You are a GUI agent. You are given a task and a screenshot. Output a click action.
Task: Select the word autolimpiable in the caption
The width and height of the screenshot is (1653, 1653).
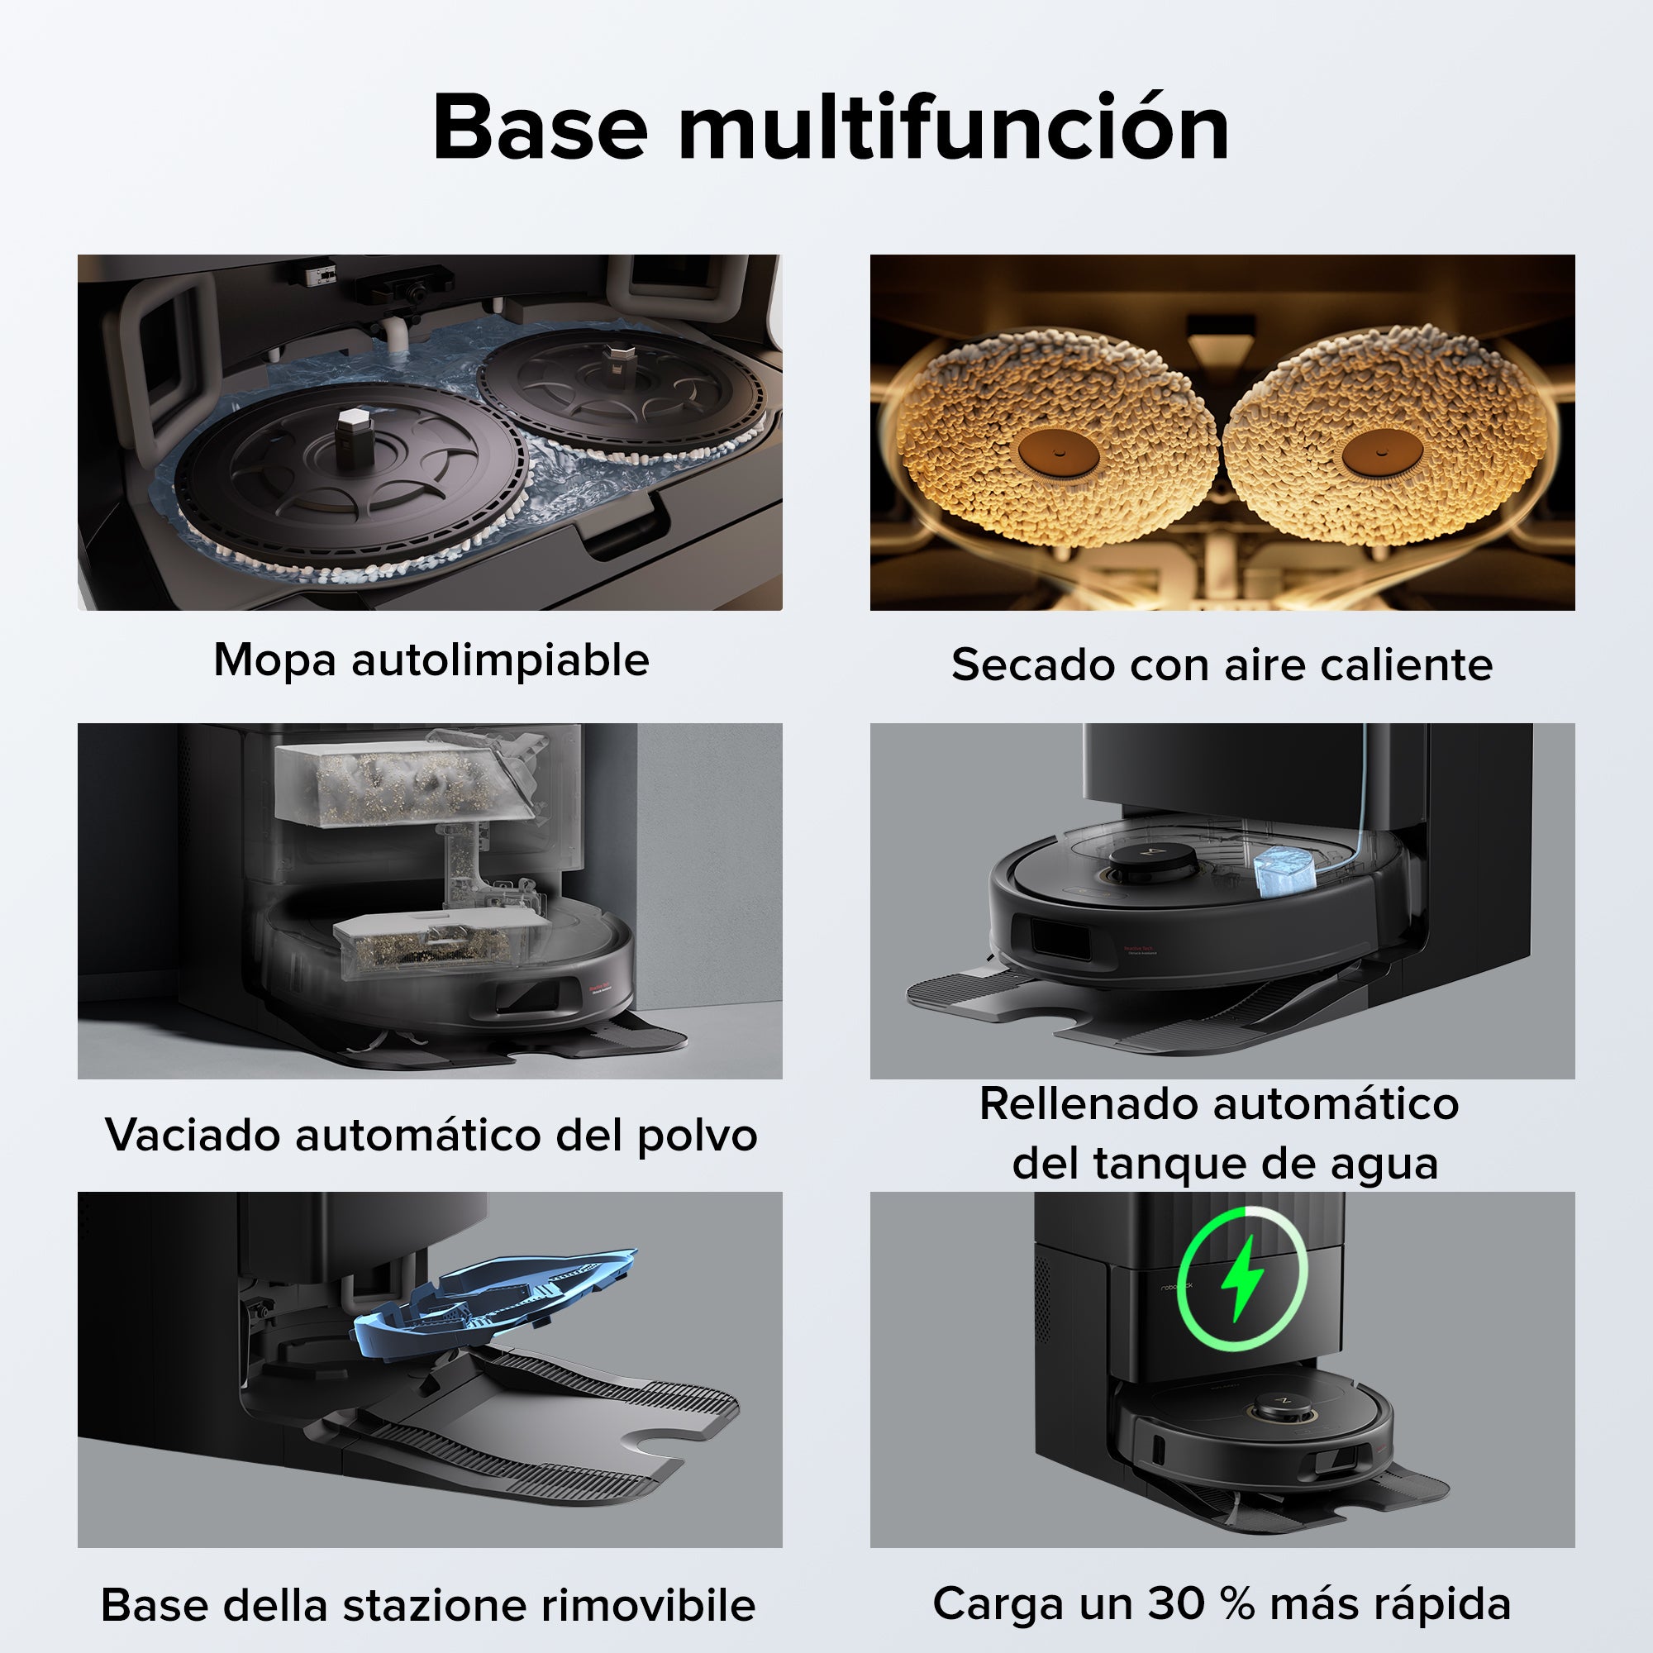coord(500,660)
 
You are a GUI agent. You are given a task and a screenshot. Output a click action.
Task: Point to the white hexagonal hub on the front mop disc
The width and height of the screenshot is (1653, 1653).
coord(350,424)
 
